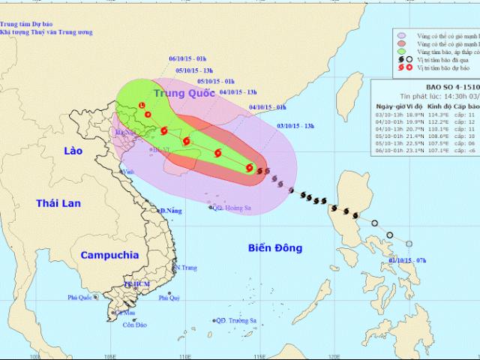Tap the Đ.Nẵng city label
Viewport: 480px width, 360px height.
click(x=171, y=210)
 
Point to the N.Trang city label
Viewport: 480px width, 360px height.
click(x=189, y=267)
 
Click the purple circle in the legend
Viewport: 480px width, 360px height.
click(x=402, y=34)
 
